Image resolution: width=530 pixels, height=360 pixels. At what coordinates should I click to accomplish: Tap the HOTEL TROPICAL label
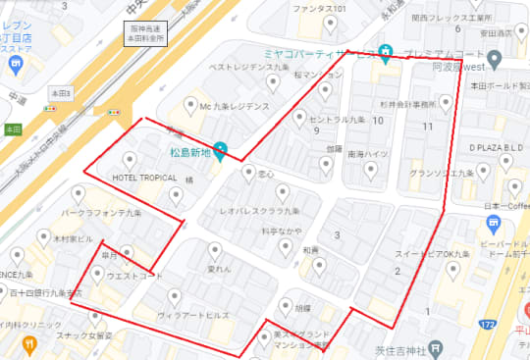coord(144,179)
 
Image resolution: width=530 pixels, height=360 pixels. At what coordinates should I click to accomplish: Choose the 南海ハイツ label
coord(369,154)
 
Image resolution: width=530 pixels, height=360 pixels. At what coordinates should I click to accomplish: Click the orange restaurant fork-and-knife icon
coord(30,344)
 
